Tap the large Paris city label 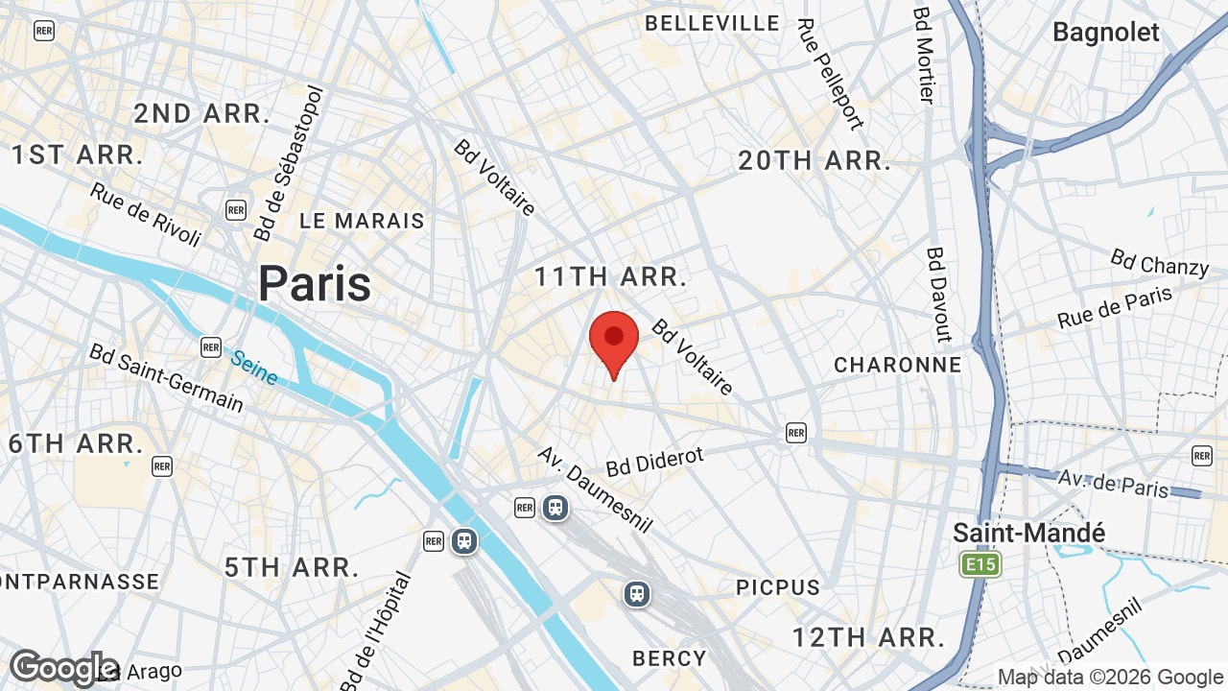[x=315, y=284]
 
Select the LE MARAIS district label [x=362, y=221]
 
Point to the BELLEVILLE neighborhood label [x=712, y=23]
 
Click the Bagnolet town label [x=1106, y=32]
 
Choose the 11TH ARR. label [x=610, y=277]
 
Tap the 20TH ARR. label [x=814, y=161]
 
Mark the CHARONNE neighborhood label [x=897, y=365]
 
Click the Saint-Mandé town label [x=1028, y=533]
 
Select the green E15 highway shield [x=980, y=564]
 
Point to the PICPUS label [x=778, y=587]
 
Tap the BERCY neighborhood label [x=670, y=658]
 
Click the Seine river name [x=254, y=368]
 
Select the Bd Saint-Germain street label [x=166, y=377]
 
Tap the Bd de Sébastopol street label [x=291, y=163]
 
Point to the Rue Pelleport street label [x=830, y=73]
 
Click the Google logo [x=63, y=668]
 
